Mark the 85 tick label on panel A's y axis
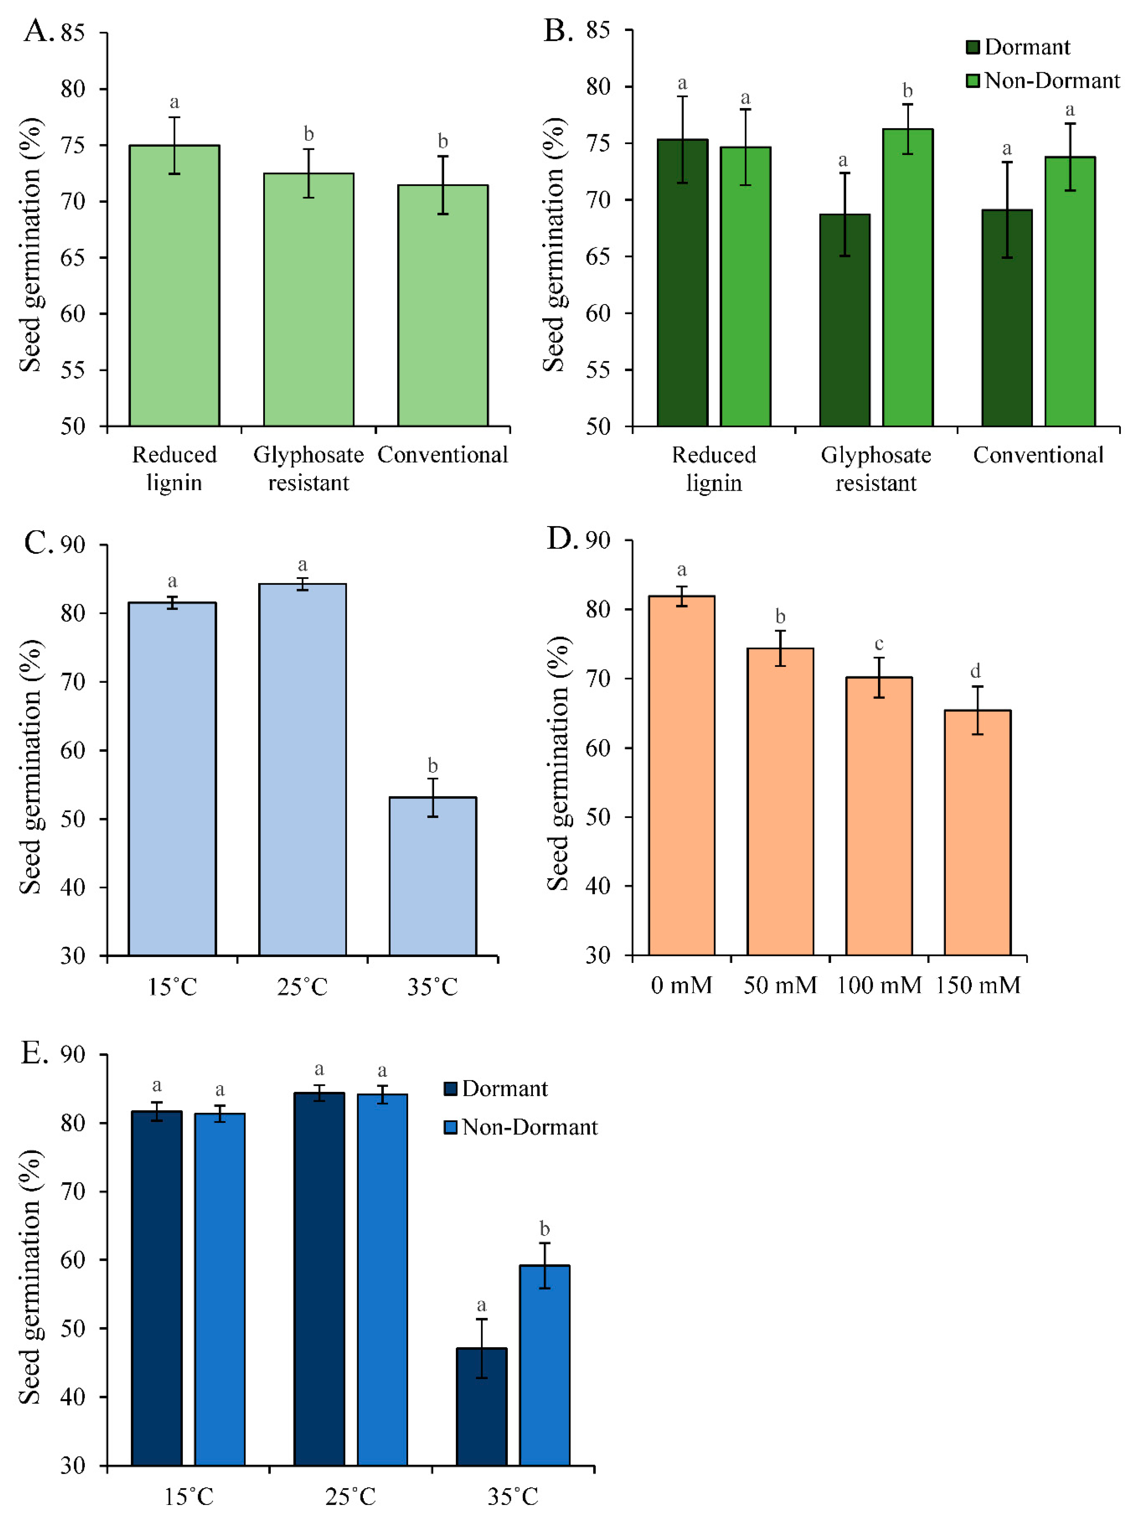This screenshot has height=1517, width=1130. click(x=72, y=33)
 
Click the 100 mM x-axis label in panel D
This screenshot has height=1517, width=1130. click(x=879, y=985)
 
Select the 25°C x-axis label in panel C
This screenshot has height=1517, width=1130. click(x=302, y=987)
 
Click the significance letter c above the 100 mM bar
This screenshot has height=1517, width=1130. click(x=879, y=644)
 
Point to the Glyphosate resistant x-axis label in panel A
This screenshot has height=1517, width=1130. click(x=309, y=469)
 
